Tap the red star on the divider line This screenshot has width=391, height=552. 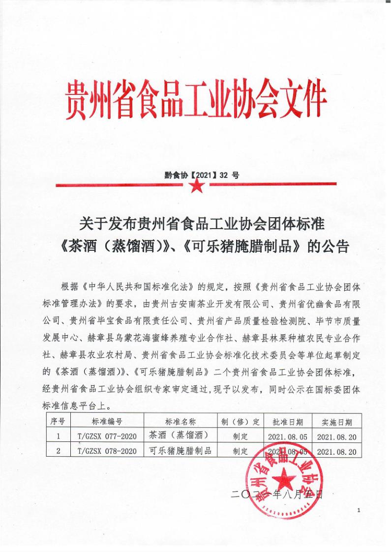click(x=196, y=186)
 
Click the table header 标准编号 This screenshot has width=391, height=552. click(x=107, y=422)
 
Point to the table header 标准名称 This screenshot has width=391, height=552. click(x=180, y=422)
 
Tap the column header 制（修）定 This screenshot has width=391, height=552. click(x=241, y=422)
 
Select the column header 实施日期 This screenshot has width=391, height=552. click(x=337, y=422)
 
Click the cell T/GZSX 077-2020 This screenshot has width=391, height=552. click(x=107, y=436)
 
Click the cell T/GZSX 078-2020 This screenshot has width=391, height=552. click(x=107, y=450)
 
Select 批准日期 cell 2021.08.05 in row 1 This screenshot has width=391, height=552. click(x=288, y=436)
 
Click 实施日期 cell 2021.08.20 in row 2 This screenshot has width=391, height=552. click(x=337, y=450)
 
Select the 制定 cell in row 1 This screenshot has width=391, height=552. click(x=241, y=436)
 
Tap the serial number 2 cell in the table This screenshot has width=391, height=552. click(x=58, y=450)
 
